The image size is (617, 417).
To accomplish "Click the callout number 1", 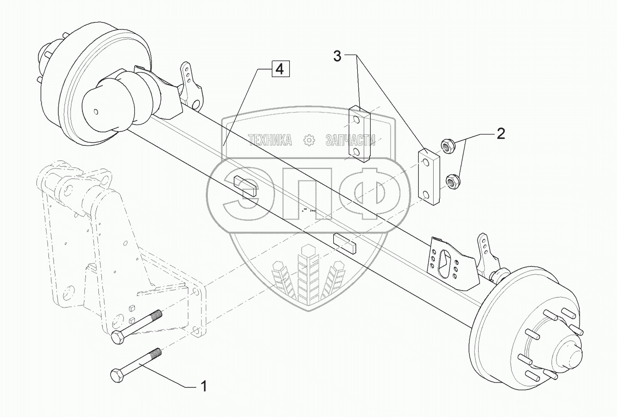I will click(x=203, y=386).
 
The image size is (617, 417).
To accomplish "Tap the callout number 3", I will click(x=338, y=56).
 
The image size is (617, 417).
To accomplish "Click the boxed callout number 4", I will click(x=280, y=69).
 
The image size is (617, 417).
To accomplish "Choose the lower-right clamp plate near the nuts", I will click(x=429, y=176).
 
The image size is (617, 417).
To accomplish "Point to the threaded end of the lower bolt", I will click(x=154, y=354).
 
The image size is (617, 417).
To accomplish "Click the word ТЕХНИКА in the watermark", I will click(x=269, y=140).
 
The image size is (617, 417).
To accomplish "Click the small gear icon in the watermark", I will click(x=310, y=140).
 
